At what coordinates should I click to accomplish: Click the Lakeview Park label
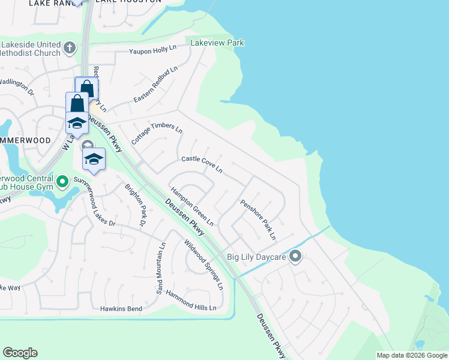click(217, 43)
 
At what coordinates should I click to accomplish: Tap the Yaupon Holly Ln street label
click(154, 51)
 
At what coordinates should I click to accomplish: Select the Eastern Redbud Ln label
click(156, 83)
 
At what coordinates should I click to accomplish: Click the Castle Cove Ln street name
click(202, 164)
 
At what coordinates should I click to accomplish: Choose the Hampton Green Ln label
click(192, 207)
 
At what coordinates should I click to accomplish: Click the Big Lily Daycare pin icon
click(295, 257)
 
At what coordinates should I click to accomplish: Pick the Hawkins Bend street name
click(121, 309)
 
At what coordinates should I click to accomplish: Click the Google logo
click(20, 353)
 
